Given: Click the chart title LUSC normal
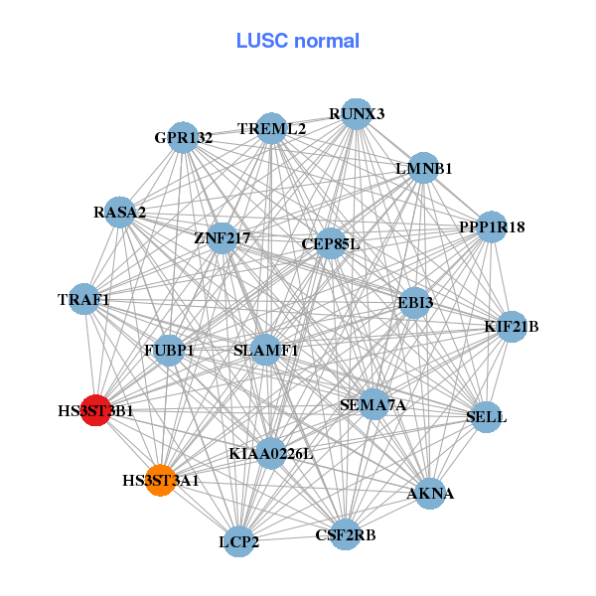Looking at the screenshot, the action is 297,41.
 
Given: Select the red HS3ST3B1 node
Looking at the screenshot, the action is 95,409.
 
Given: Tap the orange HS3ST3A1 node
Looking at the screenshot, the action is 161,481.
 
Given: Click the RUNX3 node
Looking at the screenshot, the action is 356,114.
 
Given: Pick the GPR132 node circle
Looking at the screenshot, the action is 184,137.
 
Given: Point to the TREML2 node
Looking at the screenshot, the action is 271,129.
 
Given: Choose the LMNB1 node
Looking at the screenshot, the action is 424,168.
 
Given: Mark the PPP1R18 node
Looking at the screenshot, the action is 492,227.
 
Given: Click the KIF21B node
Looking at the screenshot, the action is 511,326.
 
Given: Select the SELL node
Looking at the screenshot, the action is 486,416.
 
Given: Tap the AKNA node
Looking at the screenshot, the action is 430,494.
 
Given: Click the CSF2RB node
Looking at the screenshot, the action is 346,535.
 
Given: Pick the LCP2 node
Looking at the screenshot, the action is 239,541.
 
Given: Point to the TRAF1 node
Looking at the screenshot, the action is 83,299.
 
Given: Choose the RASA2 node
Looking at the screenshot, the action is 120,213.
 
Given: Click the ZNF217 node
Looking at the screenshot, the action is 222,238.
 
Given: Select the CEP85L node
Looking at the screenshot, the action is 331,243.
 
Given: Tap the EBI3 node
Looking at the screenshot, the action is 414,301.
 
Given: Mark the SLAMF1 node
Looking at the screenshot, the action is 265,350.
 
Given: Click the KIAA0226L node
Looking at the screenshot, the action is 270,453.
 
